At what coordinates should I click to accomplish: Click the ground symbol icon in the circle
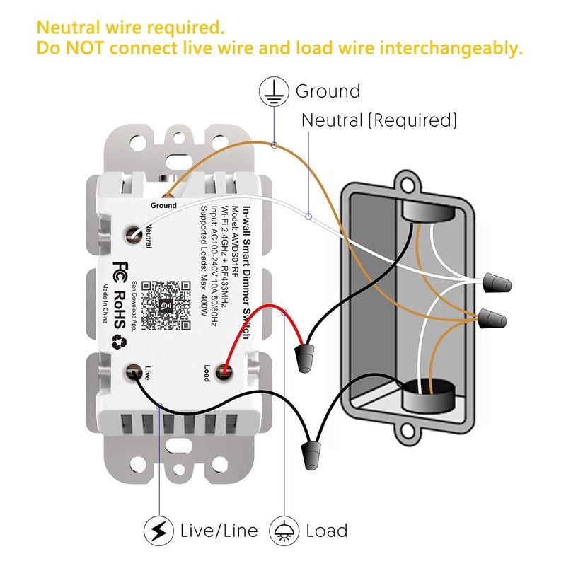click(274, 91)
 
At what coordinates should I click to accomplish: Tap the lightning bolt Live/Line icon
click(158, 531)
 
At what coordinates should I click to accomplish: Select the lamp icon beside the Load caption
click(284, 531)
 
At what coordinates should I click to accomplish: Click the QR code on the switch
click(166, 306)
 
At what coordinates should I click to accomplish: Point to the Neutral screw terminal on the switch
click(133, 236)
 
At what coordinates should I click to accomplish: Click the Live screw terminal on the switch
click(134, 372)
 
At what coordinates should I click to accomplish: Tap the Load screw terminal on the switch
click(224, 372)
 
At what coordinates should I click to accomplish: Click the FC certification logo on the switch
click(120, 272)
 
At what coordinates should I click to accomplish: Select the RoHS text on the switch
click(120, 309)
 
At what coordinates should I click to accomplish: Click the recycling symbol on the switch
click(119, 342)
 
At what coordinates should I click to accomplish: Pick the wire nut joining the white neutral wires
click(497, 283)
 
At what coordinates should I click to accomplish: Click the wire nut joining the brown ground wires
click(492, 319)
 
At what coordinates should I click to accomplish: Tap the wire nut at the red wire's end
click(304, 358)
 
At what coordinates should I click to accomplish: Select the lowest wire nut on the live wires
click(311, 455)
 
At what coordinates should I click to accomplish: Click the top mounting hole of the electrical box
click(408, 185)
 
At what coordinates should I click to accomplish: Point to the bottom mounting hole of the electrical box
click(408, 431)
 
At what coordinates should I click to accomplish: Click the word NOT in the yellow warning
click(85, 48)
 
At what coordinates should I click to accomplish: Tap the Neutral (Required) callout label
click(379, 120)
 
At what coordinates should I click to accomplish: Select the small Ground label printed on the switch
click(163, 205)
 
